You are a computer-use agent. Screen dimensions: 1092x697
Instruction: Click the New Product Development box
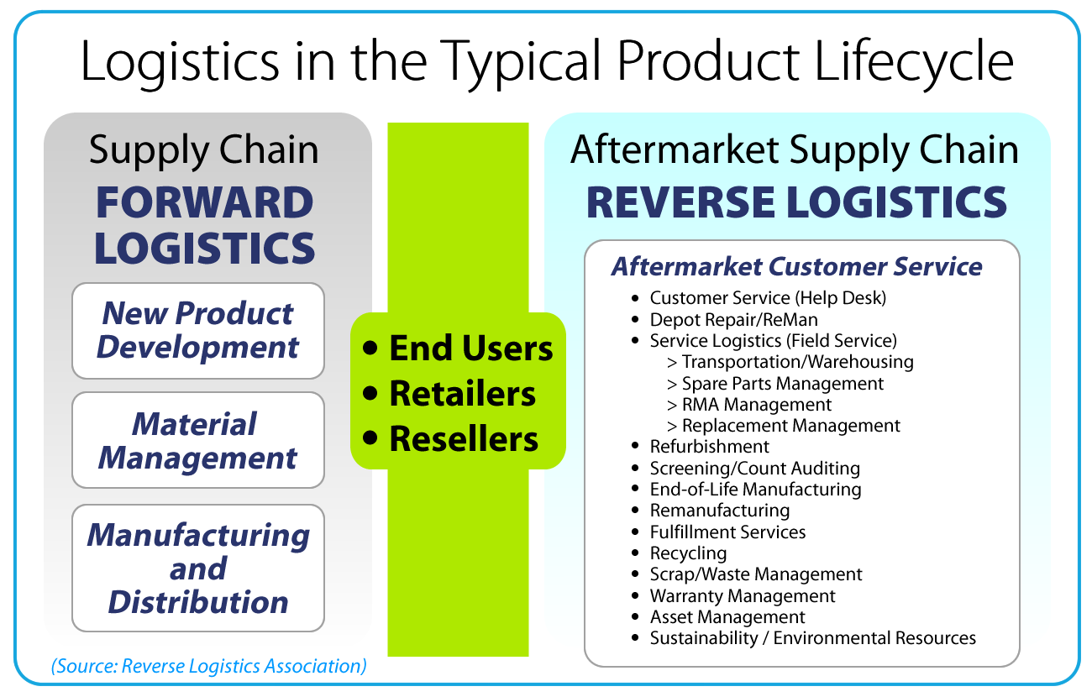click(x=198, y=331)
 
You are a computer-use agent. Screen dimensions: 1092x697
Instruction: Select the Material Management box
click(x=198, y=440)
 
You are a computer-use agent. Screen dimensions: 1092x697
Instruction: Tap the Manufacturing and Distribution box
click(x=198, y=569)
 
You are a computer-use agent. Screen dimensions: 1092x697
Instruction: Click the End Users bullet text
click(x=471, y=348)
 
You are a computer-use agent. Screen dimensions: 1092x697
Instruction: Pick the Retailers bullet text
click(x=463, y=393)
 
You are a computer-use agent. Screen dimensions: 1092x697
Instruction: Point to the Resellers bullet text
click(x=464, y=438)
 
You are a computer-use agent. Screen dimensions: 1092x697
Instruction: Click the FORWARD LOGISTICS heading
click(x=205, y=225)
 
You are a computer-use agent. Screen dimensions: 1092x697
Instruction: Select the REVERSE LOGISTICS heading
click(x=796, y=202)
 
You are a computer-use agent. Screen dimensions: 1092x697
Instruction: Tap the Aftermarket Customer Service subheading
click(x=796, y=266)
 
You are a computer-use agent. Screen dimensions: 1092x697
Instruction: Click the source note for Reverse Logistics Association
click(x=209, y=666)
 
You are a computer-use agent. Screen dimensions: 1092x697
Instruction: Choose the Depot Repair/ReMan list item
click(x=733, y=320)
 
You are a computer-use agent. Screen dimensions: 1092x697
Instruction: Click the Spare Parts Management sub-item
click(x=782, y=384)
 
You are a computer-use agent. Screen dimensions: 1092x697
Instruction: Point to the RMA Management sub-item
click(x=757, y=405)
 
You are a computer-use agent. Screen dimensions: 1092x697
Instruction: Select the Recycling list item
click(x=688, y=553)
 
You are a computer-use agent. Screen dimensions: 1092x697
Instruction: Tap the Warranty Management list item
click(x=743, y=595)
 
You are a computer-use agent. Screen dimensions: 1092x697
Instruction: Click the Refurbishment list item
click(x=709, y=447)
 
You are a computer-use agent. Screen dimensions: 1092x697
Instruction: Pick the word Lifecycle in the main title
click(x=914, y=62)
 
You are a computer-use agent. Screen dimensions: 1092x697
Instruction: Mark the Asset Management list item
click(x=727, y=617)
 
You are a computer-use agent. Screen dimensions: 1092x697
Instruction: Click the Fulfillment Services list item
click(x=727, y=532)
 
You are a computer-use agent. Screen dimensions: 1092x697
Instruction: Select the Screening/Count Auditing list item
click(x=754, y=469)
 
